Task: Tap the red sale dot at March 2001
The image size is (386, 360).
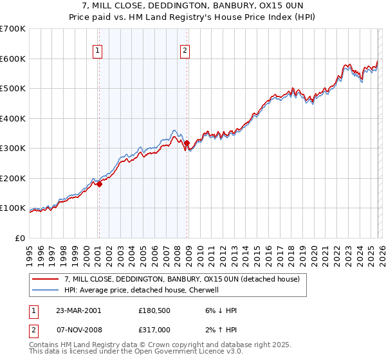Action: [x=100, y=184]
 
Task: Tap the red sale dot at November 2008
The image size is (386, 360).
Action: [x=187, y=143]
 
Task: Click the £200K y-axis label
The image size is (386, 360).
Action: [x=14, y=178]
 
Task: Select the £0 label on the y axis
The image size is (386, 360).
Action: [x=21, y=238]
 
